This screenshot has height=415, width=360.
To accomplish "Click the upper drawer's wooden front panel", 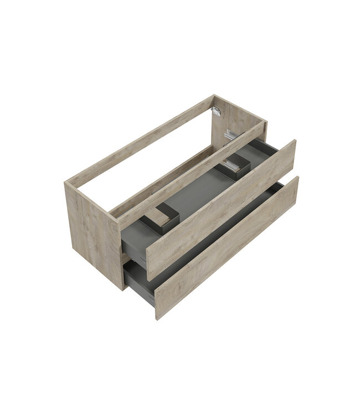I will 222,210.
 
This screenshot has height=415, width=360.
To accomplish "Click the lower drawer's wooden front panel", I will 227,249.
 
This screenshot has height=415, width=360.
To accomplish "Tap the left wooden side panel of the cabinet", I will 91,232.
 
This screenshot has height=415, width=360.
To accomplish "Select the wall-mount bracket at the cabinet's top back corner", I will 217,111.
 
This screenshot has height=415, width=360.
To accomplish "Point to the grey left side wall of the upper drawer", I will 133,238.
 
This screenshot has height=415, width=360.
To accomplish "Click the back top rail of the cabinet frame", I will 138,138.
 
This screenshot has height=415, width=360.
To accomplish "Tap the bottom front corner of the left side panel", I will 122,289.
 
